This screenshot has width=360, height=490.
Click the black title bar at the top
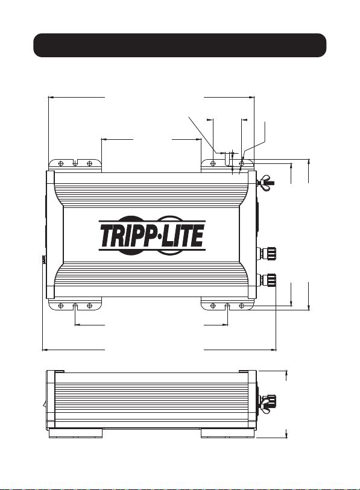[x=180, y=45]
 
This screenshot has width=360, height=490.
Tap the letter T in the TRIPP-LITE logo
[x=106, y=236]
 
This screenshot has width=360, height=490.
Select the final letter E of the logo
[x=198, y=236]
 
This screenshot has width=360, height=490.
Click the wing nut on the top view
[x=265, y=182]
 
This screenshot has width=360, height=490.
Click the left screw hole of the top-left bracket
[x=61, y=163]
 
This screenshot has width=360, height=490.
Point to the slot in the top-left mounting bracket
[x=75, y=163]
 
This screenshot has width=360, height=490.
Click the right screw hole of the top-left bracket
[x=89, y=163]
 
